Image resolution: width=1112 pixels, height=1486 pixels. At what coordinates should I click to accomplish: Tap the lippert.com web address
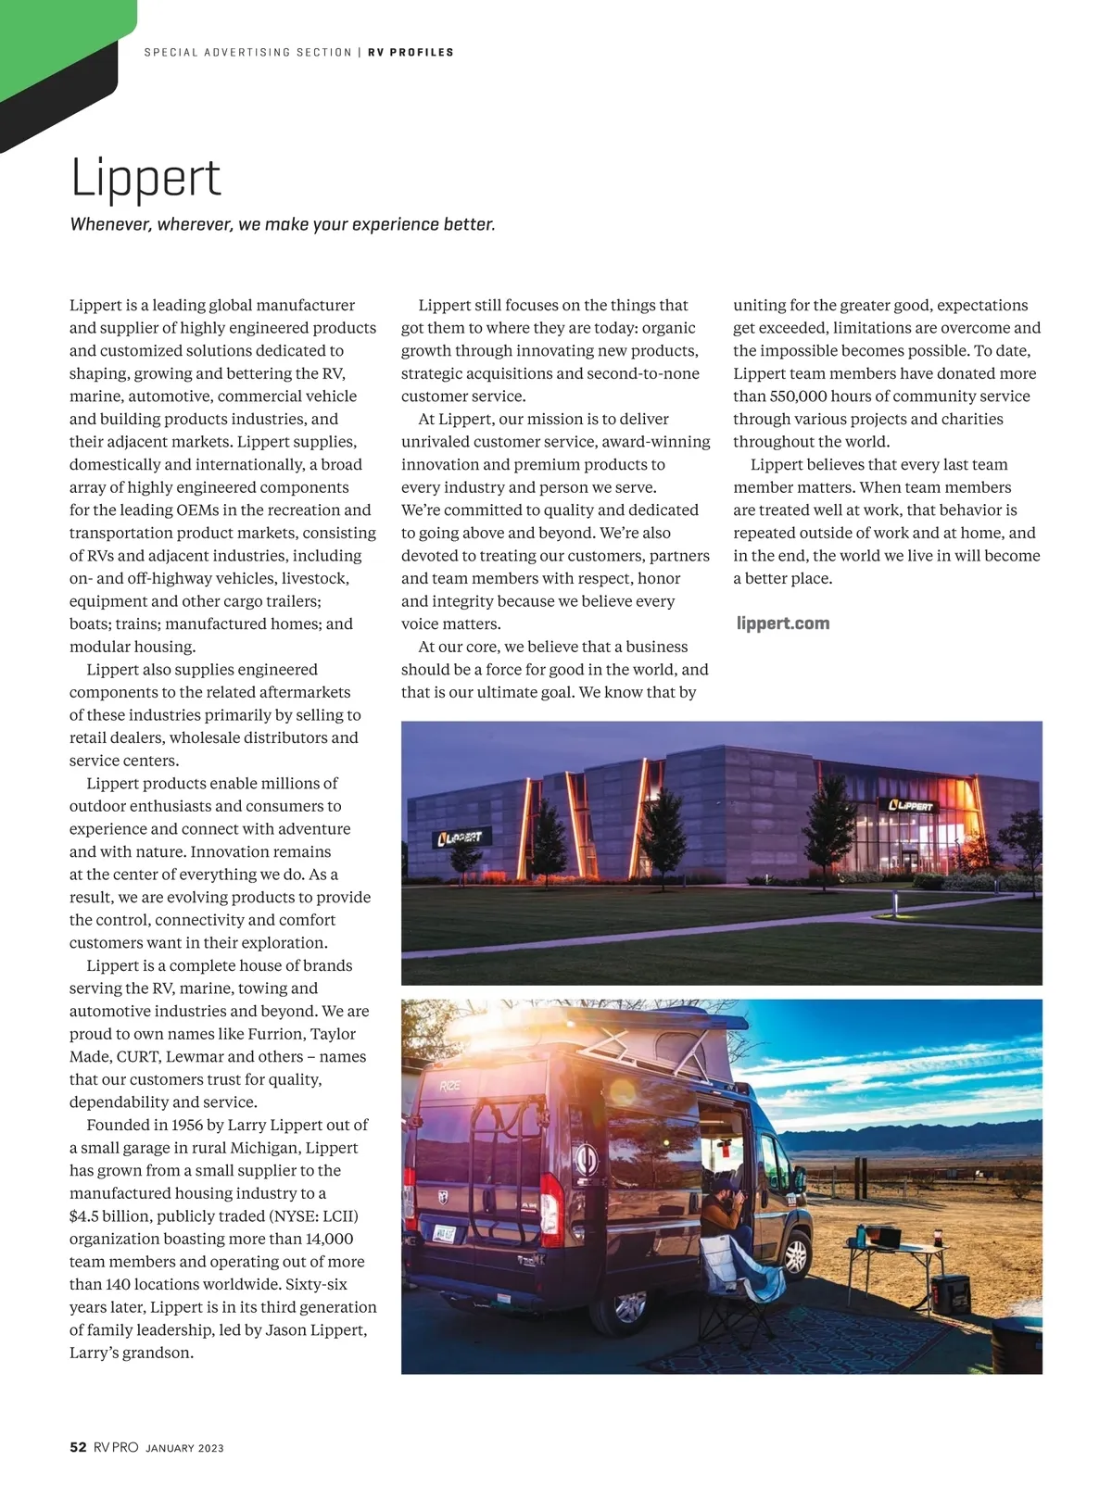[783, 623]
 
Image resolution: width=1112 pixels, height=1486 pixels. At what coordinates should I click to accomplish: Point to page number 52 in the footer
[78, 1447]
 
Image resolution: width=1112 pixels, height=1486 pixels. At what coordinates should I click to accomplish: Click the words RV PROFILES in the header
[411, 53]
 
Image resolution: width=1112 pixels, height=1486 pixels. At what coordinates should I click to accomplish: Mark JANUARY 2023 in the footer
[184, 1448]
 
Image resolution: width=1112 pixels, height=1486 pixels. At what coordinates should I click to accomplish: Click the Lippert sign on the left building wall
[460, 837]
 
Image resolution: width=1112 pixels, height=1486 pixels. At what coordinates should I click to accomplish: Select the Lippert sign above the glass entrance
[912, 805]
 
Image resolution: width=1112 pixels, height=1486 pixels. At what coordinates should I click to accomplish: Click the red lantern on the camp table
[939, 1236]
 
